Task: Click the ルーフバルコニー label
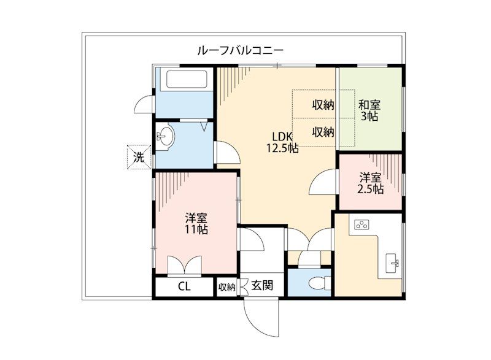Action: click(240, 50)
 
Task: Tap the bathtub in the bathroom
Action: click(187, 80)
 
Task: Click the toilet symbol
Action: click(319, 284)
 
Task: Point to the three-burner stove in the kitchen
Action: click(361, 224)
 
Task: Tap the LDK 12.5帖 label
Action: click(282, 142)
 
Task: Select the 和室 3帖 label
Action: click(369, 110)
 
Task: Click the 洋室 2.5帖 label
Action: click(371, 183)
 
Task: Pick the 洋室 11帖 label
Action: click(196, 224)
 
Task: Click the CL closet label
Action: click(184, 286)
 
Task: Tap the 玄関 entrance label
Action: click(262, 285)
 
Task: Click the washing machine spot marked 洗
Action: click(139, 157)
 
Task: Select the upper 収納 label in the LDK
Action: click(323, 105)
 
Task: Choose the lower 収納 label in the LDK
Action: click(323, 132)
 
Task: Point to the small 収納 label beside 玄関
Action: click(226, 287)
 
